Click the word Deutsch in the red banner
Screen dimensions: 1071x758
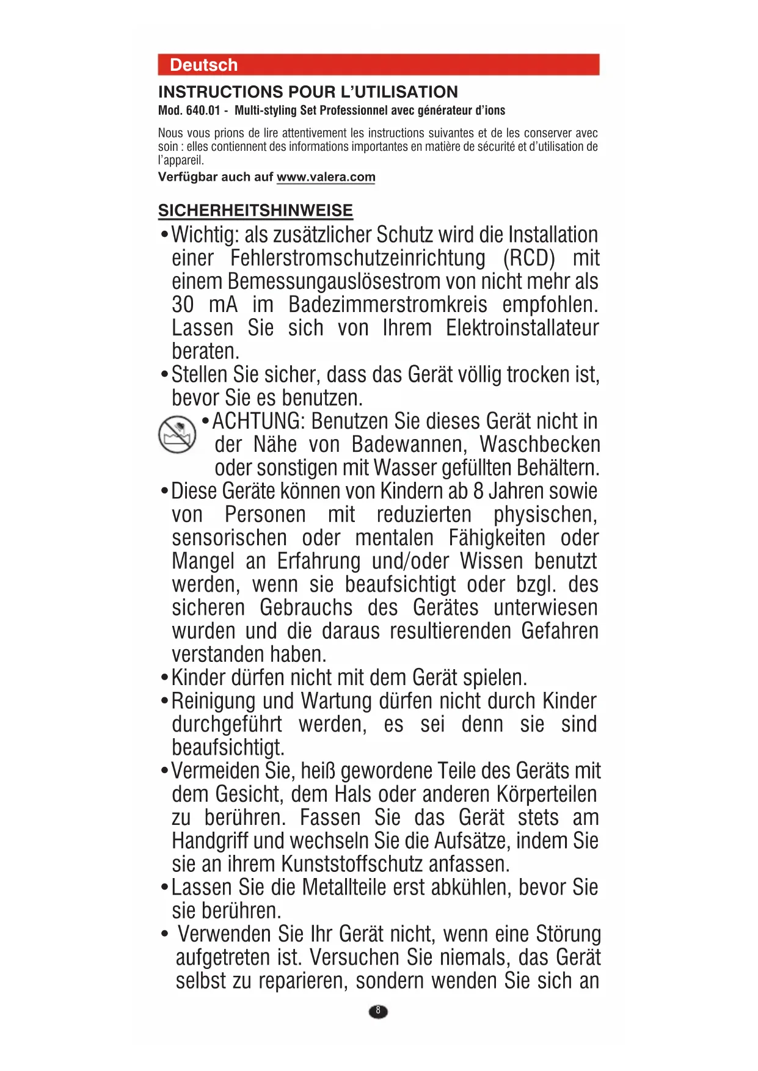click(x=203, y=65)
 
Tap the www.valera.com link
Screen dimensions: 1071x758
click(x=326, y=177)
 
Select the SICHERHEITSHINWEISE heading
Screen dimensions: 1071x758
click(x=255, y=211)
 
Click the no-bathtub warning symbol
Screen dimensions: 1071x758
click(x=177, y=434)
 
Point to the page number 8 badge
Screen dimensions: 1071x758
click(x=378, y=1011)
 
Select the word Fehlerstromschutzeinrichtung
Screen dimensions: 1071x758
click(x=358, y=258)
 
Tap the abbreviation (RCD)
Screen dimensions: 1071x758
click(x=529, y=258)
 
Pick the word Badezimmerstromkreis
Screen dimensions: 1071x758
click(x=388, y=305)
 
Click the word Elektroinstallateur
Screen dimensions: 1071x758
click(x=522, y=328)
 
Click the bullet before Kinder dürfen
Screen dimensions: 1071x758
click(x=164, y=678)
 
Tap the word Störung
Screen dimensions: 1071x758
click(x=568, y=934)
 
